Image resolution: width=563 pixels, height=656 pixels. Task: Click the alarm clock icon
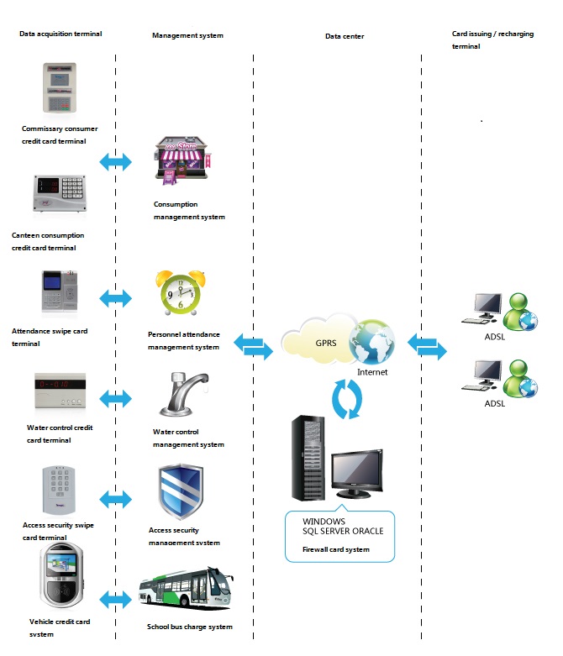[x=181, y=292]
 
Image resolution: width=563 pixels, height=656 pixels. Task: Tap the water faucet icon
[x=184, y=395]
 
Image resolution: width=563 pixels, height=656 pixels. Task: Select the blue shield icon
[x=181, y=491]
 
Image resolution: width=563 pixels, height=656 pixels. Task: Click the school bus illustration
[x=186, y=588]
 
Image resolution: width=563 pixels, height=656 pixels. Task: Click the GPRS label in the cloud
[x=326, y=343]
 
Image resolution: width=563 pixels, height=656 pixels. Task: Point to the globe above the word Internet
[x=371, y=342]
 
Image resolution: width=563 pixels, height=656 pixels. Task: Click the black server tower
[x=308, y=458]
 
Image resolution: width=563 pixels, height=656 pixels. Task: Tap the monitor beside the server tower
[x=357, y=473]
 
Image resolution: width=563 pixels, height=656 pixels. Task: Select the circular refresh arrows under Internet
[x=347, y=399]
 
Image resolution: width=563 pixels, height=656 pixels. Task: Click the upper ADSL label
[x=494, y=337]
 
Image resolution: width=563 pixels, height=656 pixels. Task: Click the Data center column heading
[x=345, y=36]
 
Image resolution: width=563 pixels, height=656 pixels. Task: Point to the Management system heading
[x=187, y=35]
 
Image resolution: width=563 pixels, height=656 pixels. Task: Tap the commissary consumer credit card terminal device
[x=60, y=87]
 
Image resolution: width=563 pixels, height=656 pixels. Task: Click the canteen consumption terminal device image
[x=60, y=193]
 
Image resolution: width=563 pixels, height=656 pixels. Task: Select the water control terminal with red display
[x=61, y=391]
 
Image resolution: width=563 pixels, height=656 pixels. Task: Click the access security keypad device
[x=59, y=490]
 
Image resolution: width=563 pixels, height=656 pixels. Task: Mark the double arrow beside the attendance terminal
[x=115, y=298]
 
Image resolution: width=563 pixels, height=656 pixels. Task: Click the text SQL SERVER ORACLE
[x=343, y=531]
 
